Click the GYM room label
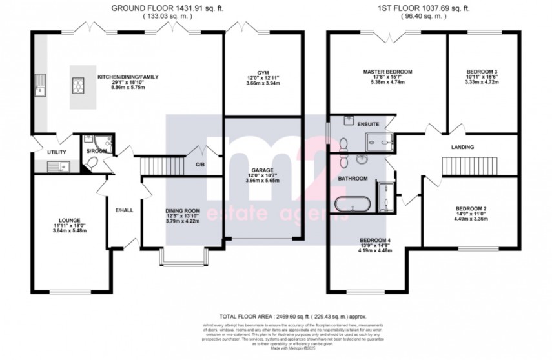[x=262, y=72]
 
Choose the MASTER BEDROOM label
[x=387, y=72]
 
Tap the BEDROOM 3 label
[x=482, y=72]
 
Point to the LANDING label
[x=462, y=148]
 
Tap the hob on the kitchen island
[x=79, y=84]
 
